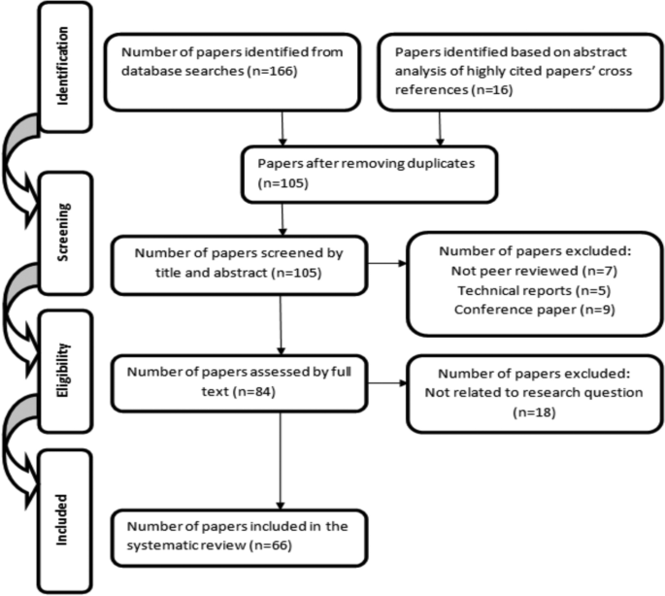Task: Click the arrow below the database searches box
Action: pyautogui.click(x=281, y=127)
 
